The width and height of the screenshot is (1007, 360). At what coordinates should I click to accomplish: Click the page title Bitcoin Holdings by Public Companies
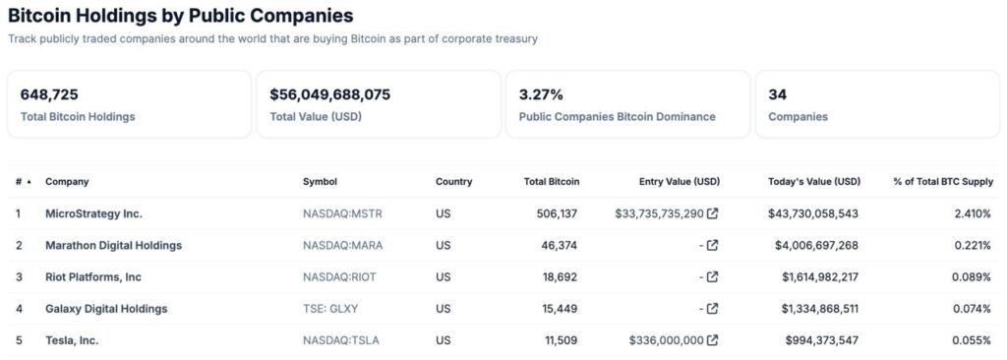click(181, 16)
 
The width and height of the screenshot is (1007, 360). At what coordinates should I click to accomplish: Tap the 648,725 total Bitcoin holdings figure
click(49, 94)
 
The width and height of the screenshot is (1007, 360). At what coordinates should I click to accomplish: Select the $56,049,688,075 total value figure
click(329, 94)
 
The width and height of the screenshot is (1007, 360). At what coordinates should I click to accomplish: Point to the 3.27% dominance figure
click(541, 94)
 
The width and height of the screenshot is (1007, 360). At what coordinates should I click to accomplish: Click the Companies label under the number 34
click(798, 116)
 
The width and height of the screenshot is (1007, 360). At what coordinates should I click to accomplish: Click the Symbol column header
click(320, 181)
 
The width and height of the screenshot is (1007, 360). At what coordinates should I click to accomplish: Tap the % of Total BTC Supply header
click(941, 181)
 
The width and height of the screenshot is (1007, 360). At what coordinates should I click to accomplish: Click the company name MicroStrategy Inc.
click(93, 212)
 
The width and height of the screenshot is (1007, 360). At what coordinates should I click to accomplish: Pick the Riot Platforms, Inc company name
click(93, 276)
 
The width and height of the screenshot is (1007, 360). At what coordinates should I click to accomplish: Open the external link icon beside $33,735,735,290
click(712, 212)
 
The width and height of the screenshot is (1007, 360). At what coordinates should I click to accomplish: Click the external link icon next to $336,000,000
click(712, 340)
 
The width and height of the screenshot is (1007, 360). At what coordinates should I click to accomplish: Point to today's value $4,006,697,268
click(817, 245)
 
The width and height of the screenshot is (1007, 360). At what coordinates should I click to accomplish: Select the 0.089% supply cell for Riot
click(973, 276)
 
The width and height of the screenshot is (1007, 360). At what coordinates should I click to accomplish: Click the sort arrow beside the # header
click(29, 182)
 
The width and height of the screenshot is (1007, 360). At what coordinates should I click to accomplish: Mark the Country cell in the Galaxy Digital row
click(443, 309)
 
